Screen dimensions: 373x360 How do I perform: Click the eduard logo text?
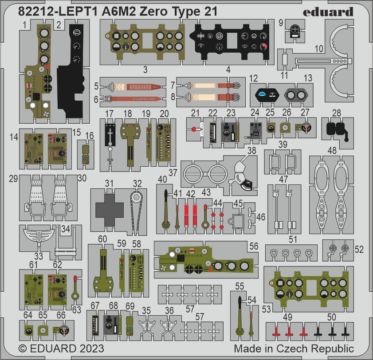(x=328, y=12)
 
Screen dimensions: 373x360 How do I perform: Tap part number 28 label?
(x=337, y=113)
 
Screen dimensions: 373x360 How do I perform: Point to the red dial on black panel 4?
(x=263, y=47)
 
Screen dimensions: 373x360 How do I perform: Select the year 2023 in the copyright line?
(x=92, y=348)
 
